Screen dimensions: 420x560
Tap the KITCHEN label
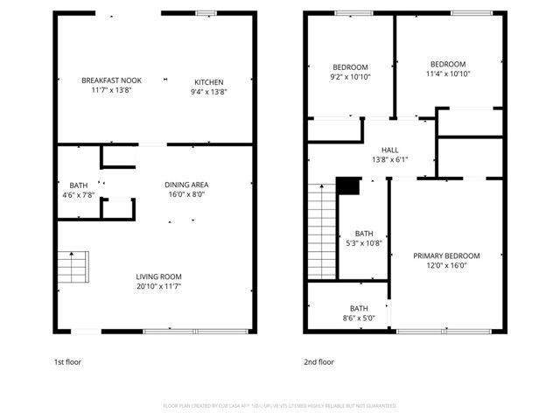point(208,81)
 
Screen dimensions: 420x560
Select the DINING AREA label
point(186,185)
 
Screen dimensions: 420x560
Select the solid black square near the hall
point(348,185)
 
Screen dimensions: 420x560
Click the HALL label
point(389,150)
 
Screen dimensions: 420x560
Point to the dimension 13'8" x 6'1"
point(389,159)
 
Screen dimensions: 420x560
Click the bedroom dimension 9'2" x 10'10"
point(350,77)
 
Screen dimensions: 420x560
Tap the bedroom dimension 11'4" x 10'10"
point(447,73)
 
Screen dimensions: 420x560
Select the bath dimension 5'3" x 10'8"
point(364,243)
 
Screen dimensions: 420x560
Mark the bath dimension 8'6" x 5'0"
point(359,318)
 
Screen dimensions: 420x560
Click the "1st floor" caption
point(68,361)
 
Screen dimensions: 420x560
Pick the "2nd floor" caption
point(318,361)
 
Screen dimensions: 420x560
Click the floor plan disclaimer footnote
point(279,406)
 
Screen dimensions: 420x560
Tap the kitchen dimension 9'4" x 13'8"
point(208,91)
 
